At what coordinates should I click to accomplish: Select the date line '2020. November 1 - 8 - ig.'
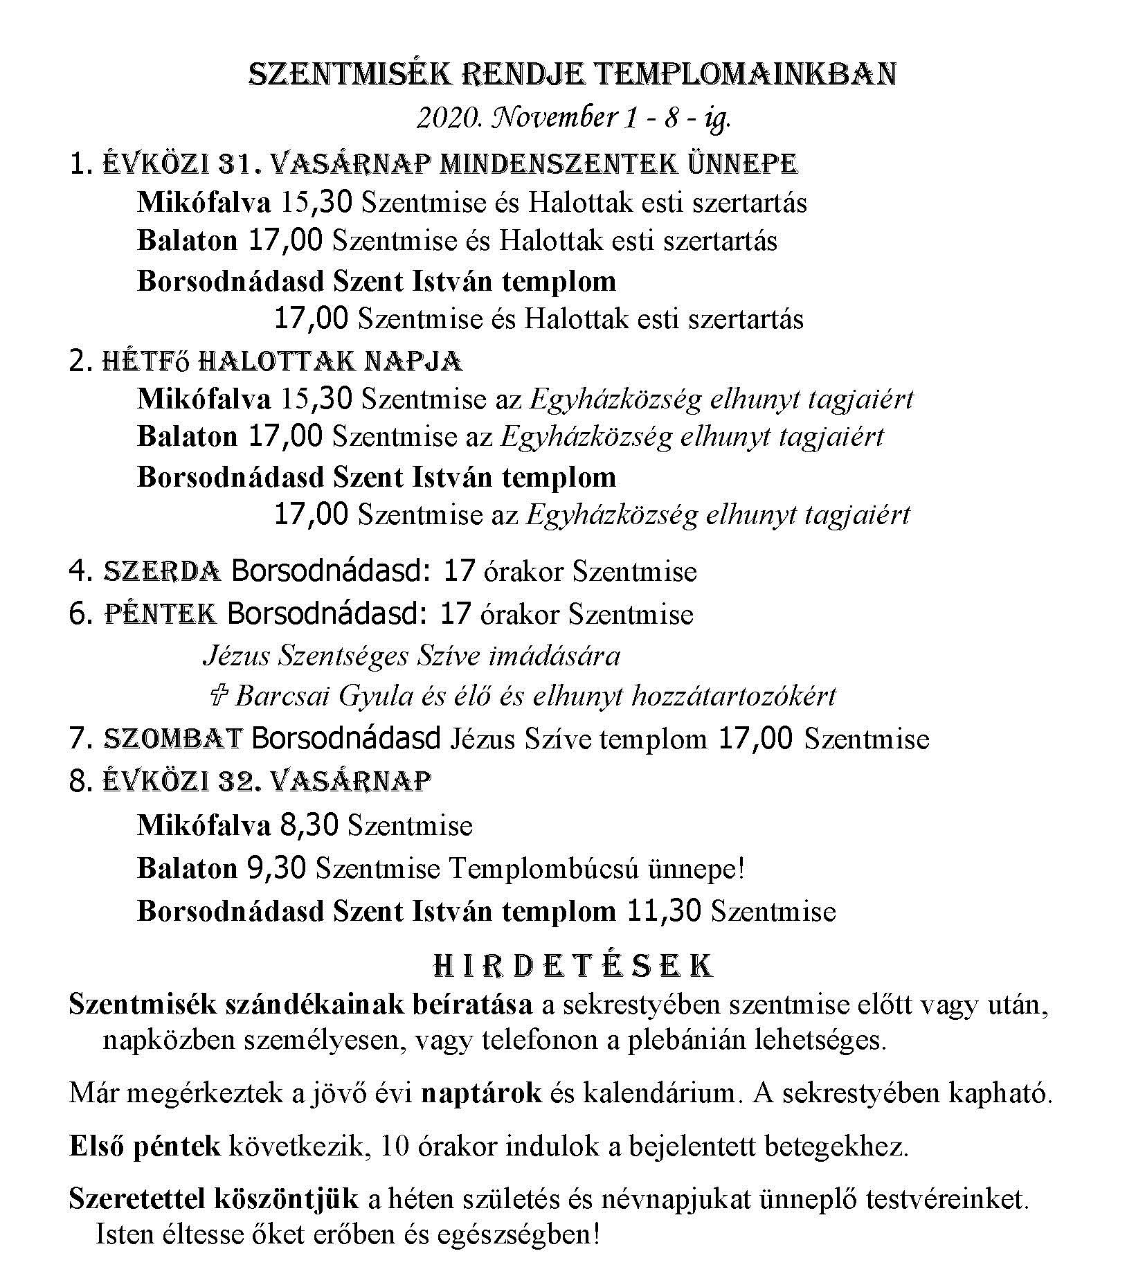click(x=573, y=118)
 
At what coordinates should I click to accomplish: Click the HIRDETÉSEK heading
click(x=572, y=965)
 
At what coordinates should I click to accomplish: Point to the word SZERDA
click(x=162, y=571)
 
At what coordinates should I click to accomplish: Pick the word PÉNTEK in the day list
click(x=161, y=614)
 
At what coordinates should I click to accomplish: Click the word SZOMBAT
click(x=172, y=739)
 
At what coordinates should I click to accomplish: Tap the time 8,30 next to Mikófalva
click(x=309, y=825)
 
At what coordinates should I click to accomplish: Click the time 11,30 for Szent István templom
click(x=664, y=911)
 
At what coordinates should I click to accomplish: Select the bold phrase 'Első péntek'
click(x=145, y=1147)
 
